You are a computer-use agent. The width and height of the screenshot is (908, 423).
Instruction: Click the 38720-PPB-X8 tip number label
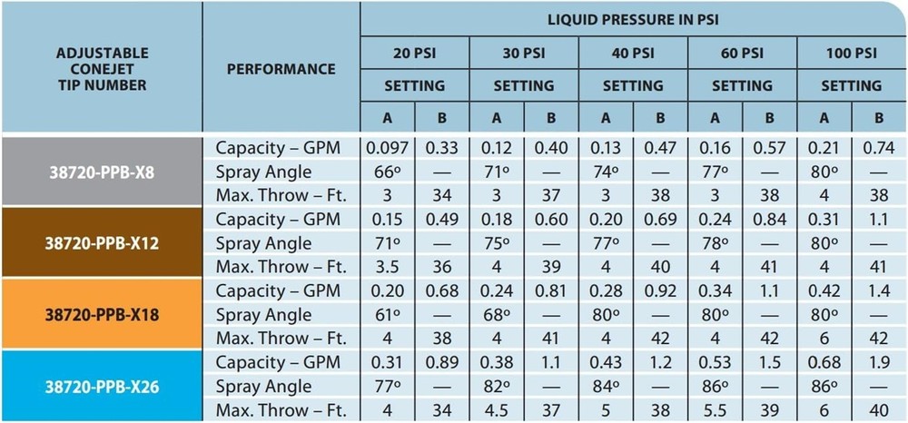tap(102, 172)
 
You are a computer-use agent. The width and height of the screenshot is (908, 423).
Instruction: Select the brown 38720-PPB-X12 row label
tap(102, 243)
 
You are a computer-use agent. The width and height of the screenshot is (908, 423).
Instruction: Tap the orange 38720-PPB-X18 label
tap(102, 315)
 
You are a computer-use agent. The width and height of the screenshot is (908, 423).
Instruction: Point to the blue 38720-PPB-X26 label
tap(102, 387)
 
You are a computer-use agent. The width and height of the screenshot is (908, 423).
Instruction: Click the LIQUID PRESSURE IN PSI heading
tap(633, 19)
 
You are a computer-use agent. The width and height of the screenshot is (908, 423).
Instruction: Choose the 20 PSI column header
tap(414, 53)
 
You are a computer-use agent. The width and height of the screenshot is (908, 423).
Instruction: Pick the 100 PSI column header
tap(851, 53)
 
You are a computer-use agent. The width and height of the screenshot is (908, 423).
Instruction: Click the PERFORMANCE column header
tap(281, 69)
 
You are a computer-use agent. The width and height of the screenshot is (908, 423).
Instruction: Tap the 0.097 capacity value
tap(388, 147)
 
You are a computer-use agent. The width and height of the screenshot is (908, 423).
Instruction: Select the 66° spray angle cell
tap(388, 172)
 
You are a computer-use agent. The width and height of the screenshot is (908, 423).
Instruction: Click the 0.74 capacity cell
tap(879, 147)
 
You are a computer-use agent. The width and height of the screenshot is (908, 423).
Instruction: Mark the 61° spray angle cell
tap(388, 315)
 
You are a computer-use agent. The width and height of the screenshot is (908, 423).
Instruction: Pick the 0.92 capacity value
tap(660, 290)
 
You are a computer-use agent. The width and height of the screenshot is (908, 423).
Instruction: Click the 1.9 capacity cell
tap(879, 362)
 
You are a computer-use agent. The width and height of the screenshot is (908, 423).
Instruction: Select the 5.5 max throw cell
tap(716, 411)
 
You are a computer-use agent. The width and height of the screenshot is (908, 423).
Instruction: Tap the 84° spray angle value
tap(607, 387)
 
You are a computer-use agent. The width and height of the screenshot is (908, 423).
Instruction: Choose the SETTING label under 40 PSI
tap(633, 85)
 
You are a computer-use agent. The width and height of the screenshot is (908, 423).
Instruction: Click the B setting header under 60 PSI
tap(770, 118)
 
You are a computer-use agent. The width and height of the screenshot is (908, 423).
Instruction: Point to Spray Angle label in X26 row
tap(263, 387)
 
